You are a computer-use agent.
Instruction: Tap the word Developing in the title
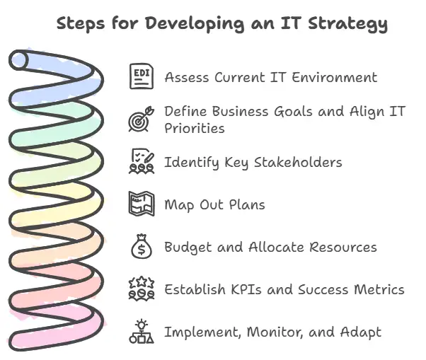pos(186,24)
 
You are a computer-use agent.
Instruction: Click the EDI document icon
pos(141,76)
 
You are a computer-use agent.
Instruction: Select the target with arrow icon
pos(141,119)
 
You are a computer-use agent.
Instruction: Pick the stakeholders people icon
pos(141,162)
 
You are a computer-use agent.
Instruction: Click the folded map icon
pos(141,204)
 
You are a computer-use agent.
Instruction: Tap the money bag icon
pos(141,247)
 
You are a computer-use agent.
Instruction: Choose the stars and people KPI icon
pos(141,289)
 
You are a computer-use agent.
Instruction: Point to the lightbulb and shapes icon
pos(141,331)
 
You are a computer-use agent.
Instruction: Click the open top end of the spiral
pos(20,61)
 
